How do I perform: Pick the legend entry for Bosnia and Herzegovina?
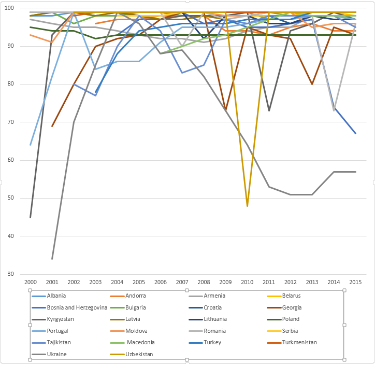pos(76,307)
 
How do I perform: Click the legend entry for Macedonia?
pos(141,342)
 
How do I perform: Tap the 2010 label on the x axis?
pos(247,282)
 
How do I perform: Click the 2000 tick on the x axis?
pos(31,282)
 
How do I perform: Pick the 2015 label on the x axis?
pos(355,282)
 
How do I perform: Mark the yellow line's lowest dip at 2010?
pos(247,206)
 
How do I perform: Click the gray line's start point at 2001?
pos(52,259)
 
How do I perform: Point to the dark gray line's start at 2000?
pos(31,217)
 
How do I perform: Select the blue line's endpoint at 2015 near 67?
pos(355,134)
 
